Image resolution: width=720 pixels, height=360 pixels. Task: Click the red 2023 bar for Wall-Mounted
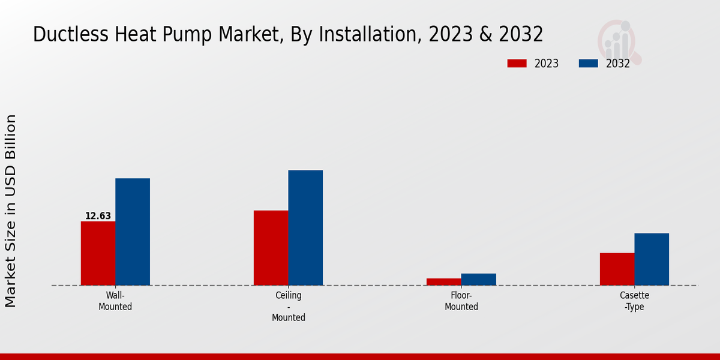(98, 253)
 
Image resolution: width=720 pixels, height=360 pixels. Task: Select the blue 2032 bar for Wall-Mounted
(133, 232)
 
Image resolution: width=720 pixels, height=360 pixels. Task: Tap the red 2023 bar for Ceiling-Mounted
(271, 248)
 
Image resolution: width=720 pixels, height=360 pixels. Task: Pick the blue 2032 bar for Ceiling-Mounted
(305, 227)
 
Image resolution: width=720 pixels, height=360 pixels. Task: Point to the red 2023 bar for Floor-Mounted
(444, 281)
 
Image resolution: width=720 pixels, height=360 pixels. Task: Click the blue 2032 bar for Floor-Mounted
(479, 279)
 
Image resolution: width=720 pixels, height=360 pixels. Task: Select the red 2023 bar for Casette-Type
(617, 269)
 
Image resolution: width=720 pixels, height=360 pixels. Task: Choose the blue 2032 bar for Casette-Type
(652, 259)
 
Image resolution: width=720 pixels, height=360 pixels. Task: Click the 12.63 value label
(98, 216)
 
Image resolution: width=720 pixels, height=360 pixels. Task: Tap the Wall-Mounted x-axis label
(115, 301)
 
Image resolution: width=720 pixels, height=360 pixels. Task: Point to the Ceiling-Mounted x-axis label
(289, 307)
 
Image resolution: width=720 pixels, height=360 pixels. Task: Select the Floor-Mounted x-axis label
(461, 301)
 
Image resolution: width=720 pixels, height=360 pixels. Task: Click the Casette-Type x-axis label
(634, 301)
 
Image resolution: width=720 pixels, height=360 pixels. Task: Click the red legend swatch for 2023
(517, 64)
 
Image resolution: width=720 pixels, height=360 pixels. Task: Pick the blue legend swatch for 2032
(588, 64)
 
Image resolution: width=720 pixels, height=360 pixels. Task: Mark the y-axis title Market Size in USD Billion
(11, 211)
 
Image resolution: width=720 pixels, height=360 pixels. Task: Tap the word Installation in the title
(370, 35)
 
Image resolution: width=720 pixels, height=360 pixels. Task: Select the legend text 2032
(618, 64)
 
